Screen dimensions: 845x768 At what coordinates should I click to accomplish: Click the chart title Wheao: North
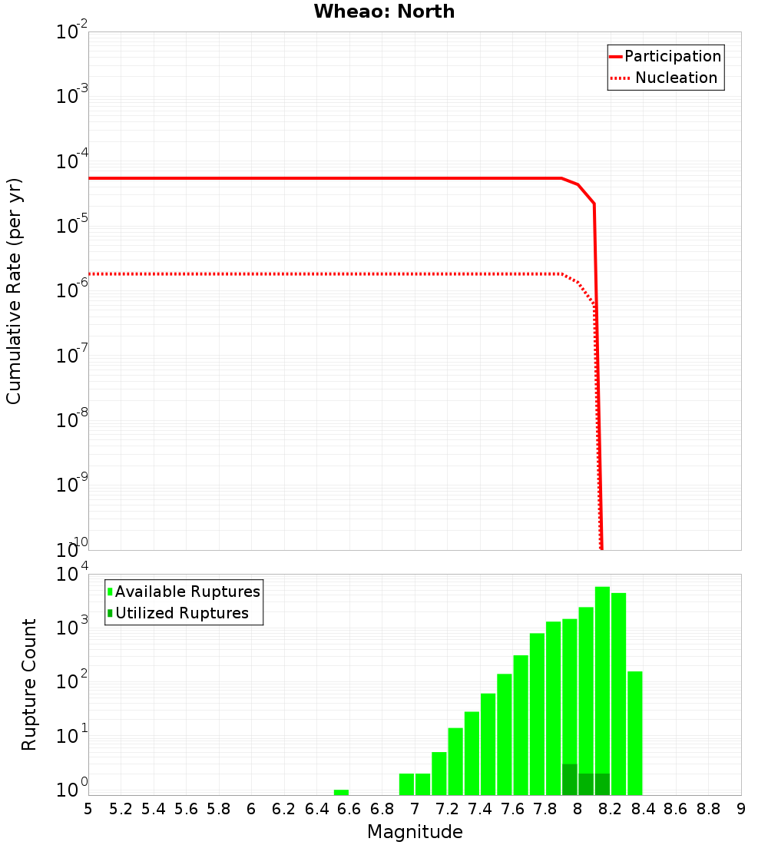(x=384, y=12)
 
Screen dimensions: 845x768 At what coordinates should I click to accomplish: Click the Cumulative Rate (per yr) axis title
(x=15, y=290)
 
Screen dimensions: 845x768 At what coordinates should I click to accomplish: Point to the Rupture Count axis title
(x=29, y=684)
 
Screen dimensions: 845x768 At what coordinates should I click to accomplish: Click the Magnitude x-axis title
(x=415, y=832)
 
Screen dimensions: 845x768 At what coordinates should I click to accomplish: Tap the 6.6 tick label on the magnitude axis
(x=349, y=809)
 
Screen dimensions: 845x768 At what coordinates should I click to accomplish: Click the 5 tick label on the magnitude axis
(x=88, y=809)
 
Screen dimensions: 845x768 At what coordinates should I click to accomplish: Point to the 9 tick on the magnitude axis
(x=741, y=809)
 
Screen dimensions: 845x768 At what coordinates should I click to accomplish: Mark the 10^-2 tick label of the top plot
(x=72, y=32)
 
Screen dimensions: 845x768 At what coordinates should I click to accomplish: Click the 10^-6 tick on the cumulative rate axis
(x=72, y=291)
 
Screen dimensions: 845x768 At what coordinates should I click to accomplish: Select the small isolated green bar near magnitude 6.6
(x=341, y=792)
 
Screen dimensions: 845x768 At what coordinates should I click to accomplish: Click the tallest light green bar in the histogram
(x=602, y=691)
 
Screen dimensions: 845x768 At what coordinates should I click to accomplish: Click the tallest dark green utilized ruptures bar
(x=569, y=780)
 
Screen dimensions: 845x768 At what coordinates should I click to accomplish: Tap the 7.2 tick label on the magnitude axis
(x=447, y=809)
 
